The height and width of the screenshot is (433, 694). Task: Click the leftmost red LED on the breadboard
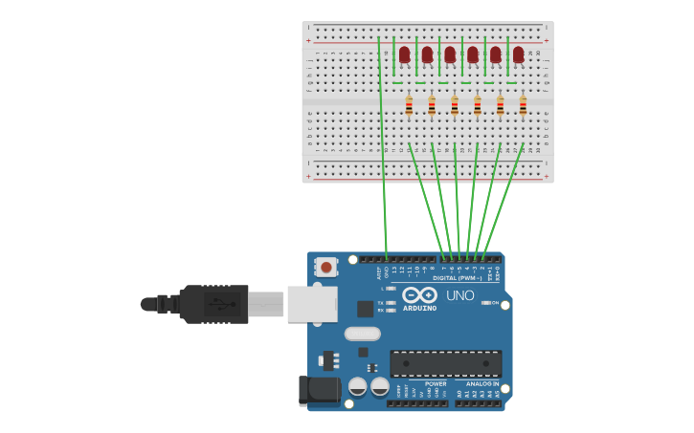coord(404,54)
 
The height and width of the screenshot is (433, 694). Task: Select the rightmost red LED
coord(518,54)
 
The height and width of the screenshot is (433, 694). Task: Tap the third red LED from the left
coord(450,54)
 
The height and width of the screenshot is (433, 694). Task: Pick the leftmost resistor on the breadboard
coord(409,105)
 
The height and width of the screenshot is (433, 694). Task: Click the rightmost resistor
coord(523,105)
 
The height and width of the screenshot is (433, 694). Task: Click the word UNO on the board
coord(459,295)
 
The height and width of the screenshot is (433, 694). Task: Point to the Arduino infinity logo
coord(419,295)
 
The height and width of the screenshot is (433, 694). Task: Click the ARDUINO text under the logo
coord(419,309)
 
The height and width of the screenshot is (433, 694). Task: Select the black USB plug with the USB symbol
coord(214,304)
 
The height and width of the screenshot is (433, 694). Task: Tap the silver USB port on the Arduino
coord(312,304)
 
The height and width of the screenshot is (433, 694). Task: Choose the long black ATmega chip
coord(445,363)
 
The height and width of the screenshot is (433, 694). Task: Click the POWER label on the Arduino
coord(436,383)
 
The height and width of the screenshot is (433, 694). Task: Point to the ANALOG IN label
coord(482,383)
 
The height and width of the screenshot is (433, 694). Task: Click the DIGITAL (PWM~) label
coord(458,278)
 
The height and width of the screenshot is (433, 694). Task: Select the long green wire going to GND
coord(383,143)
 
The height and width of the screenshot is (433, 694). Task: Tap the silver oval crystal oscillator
coord(362,334)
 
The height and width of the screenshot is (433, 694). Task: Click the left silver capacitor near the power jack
coord(357,386)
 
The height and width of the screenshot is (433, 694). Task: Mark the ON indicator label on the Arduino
coord(495,303)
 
